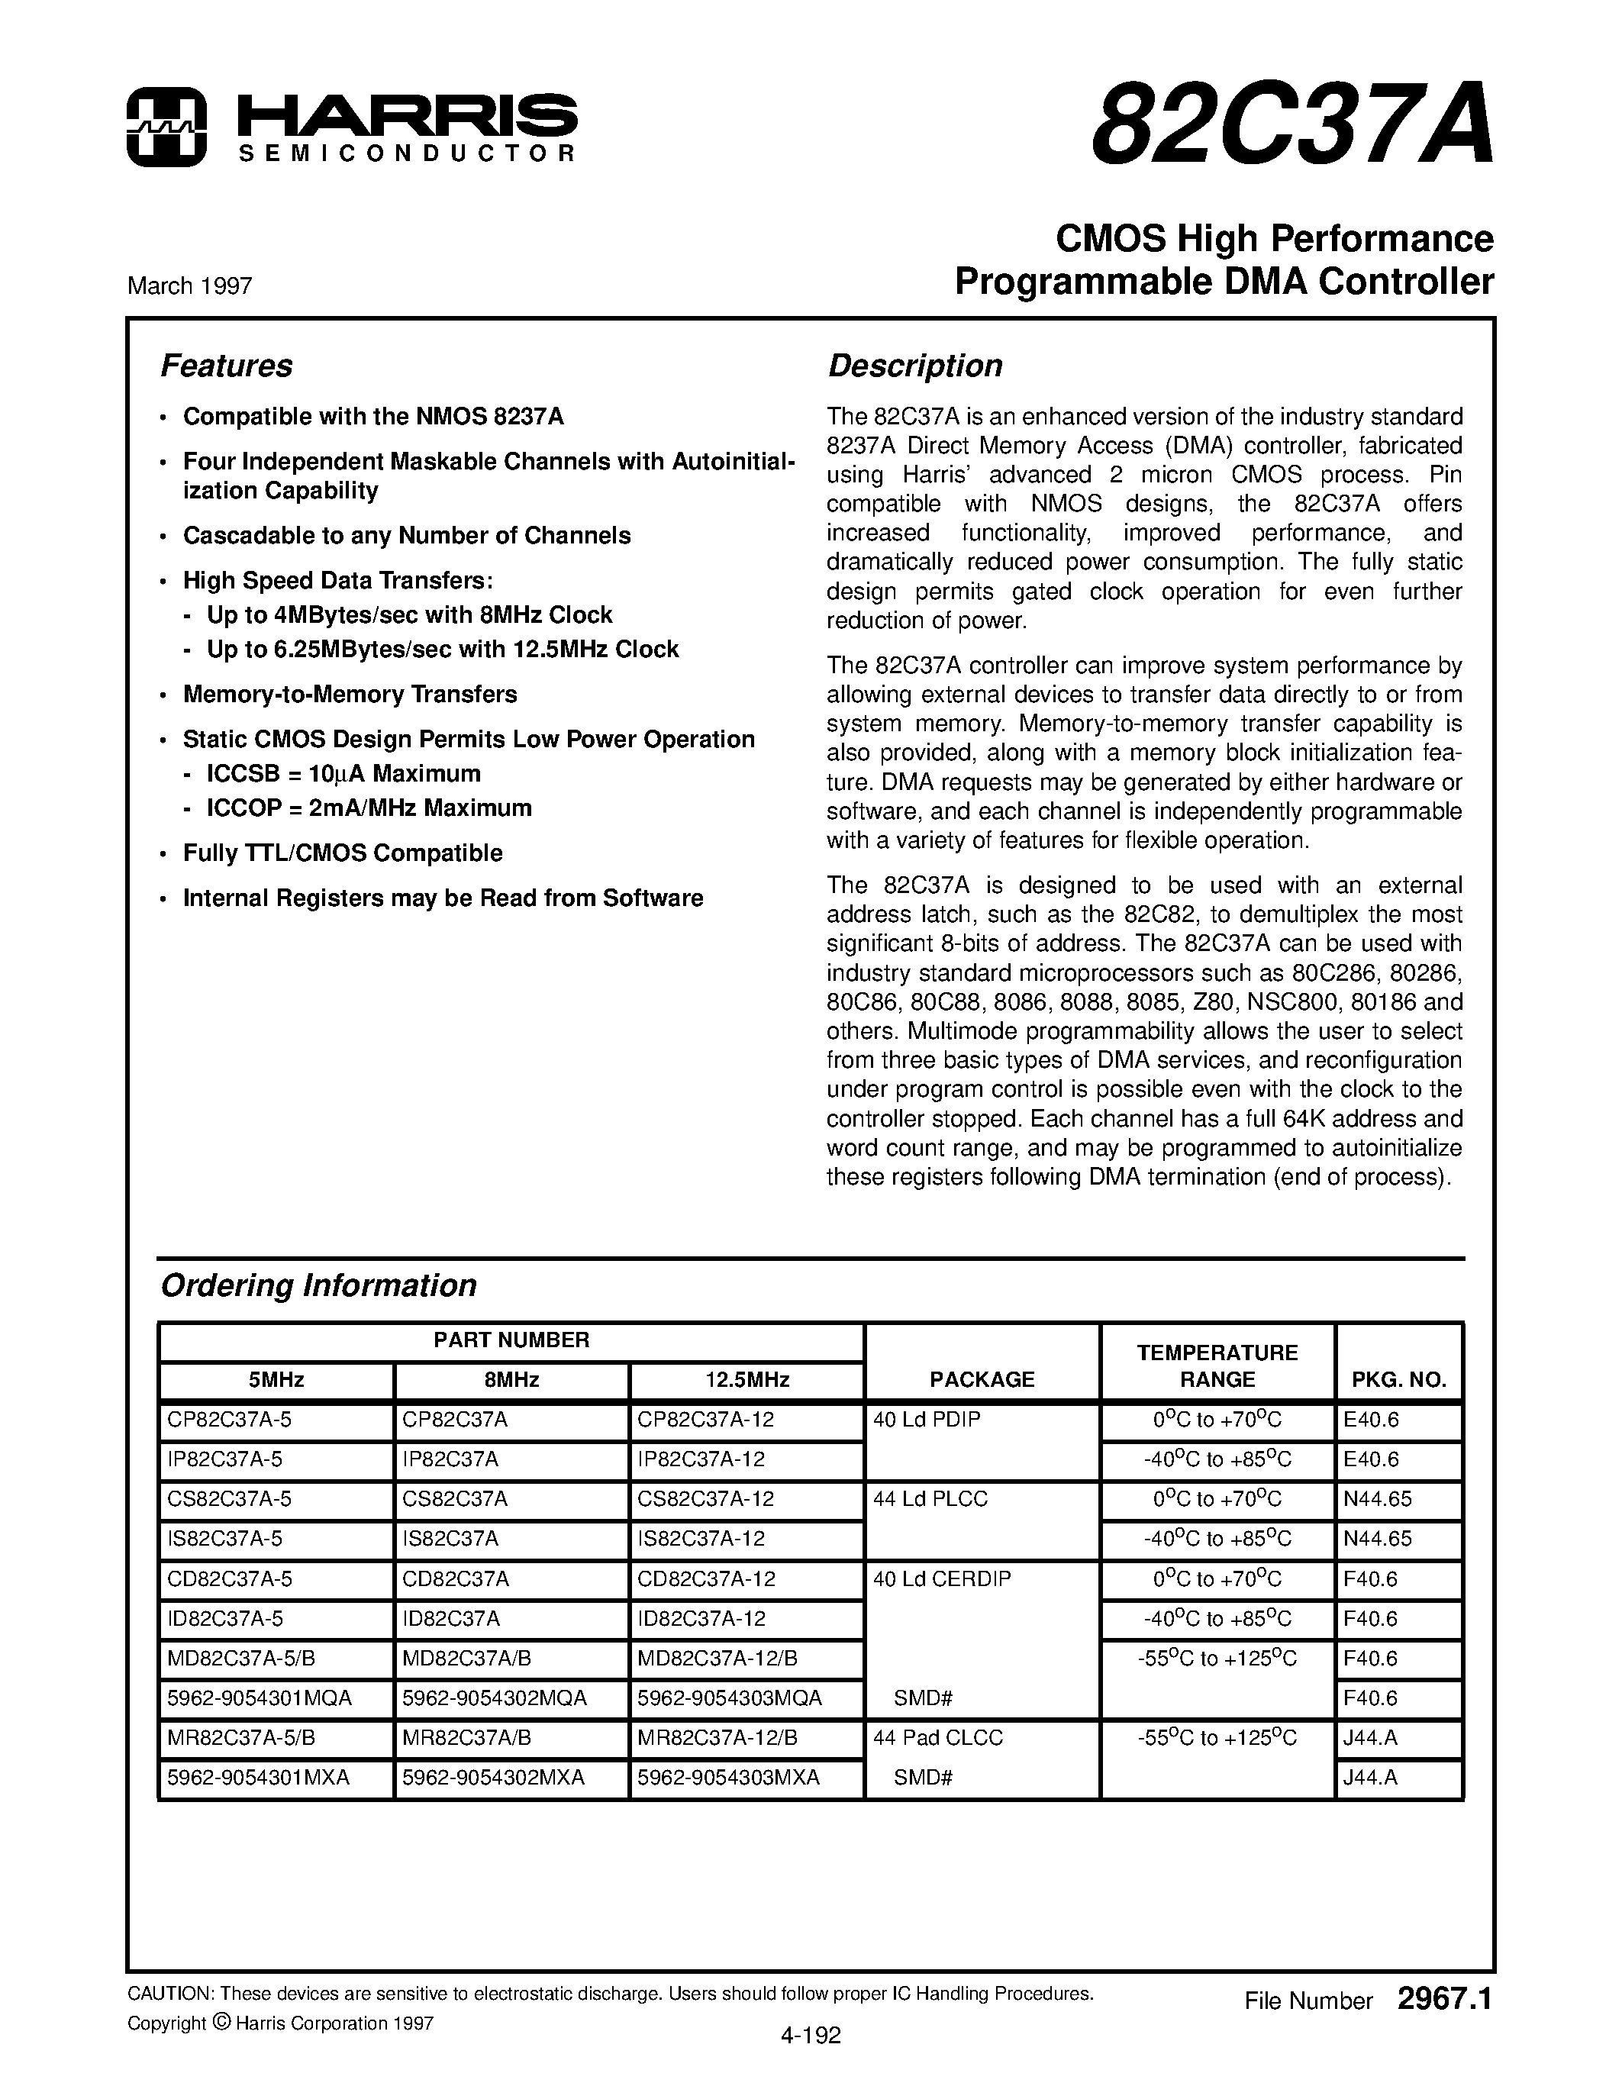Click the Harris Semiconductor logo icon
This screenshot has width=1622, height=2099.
click(166, 127)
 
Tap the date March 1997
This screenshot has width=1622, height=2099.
click(189, 286)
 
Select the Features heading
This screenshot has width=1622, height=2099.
click(227, 366)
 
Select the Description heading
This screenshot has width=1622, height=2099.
click(914, 366)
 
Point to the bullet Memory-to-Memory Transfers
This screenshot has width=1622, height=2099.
click(350, 694)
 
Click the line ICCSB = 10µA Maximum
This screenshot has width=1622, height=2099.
click(344, 774)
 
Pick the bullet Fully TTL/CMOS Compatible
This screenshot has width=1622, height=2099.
click(343, 853)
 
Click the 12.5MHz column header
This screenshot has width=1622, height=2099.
click(747, 1380)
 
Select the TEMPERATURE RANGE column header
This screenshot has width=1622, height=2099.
click(1217, 1365)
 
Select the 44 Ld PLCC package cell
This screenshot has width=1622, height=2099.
click(930, 1499)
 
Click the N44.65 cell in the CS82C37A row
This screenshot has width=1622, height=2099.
click(1377, 1499)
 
